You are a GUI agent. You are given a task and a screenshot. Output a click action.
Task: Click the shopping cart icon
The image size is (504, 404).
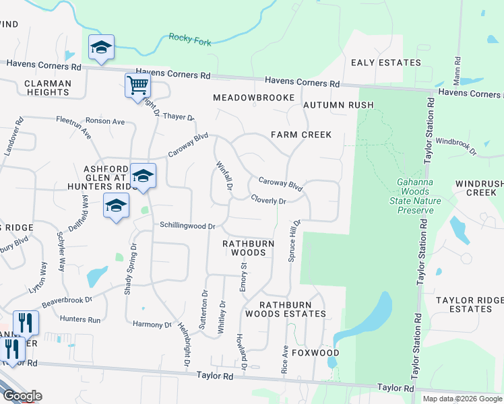(137, 86)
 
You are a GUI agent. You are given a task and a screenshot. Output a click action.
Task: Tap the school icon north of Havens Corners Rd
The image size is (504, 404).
(101, 47)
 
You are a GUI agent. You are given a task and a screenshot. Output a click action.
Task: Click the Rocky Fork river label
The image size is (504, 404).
(189, 40)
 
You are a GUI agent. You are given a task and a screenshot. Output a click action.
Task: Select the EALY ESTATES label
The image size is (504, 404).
(386, 63)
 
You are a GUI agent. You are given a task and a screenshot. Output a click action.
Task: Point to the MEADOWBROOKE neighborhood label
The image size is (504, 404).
(254, 98)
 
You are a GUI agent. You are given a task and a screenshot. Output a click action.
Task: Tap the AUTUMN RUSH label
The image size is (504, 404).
(338, 105)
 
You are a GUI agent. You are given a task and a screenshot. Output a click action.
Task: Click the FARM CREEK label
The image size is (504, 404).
(301, 135)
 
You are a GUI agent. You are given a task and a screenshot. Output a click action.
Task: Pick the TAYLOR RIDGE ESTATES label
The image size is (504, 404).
(469, 304)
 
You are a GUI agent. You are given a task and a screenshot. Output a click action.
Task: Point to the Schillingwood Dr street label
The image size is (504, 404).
(187, 226)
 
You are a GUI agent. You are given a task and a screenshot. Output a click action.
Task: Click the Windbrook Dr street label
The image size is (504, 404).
(455, 146)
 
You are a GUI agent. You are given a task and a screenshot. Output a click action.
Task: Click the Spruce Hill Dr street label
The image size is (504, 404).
(294, 240)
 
